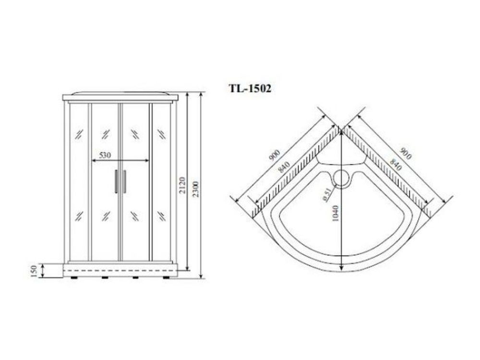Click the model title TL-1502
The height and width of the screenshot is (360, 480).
250,88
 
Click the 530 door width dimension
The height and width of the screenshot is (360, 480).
105,155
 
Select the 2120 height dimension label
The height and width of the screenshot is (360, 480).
182,185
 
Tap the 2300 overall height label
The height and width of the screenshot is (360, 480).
196,189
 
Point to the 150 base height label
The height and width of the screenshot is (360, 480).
34,271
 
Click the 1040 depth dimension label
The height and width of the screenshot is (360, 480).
335,214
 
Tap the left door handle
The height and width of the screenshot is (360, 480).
116,181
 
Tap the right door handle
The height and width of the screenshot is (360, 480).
125,181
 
